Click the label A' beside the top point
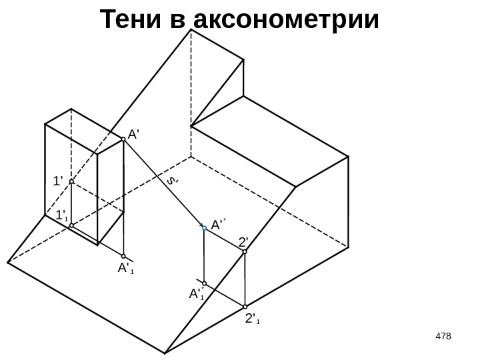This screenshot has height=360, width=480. (x=133, y=133)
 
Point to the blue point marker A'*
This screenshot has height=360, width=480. (x=205, y=227)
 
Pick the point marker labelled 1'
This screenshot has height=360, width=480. (x=71, y=181)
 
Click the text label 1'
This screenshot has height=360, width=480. (x=58, y=181)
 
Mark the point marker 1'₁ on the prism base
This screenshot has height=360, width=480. (x=71, y=225)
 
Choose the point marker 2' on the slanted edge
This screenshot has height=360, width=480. (x=245, y=253)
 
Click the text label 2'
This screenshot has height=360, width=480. (x=243, y=241)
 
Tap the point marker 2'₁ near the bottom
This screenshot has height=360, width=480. (x=245, y=308)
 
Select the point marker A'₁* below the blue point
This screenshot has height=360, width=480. (x=205, y=283)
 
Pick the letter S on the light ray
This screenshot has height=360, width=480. (x=171, y=181)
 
